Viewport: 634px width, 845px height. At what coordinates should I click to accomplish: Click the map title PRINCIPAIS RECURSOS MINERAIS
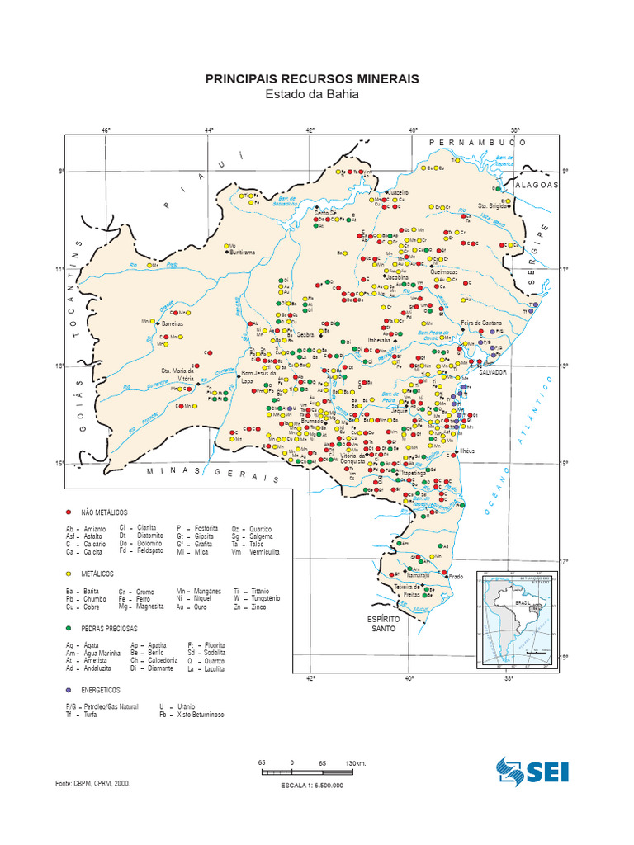coord(312,78)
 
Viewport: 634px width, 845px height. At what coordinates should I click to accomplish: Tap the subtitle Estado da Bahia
coord(312,94)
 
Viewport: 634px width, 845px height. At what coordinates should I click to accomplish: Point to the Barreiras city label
coord(172,324)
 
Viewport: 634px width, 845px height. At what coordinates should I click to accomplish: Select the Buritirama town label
coord(243,252)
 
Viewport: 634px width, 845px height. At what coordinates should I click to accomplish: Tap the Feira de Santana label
coord(482,322)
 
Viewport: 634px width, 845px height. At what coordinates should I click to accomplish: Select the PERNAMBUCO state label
coord(477,142)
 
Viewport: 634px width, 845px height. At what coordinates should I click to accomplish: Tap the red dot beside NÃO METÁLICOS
coord(69,512)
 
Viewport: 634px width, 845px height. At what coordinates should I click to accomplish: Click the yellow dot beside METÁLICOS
coord(69,572)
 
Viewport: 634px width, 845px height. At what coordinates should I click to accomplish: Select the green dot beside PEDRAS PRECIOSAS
coord(69,628)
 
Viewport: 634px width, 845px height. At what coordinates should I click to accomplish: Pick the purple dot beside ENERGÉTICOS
coord(69,688)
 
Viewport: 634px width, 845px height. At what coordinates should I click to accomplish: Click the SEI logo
coord(532,771)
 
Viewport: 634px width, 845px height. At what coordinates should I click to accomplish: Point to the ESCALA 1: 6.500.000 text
coord(312,785)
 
